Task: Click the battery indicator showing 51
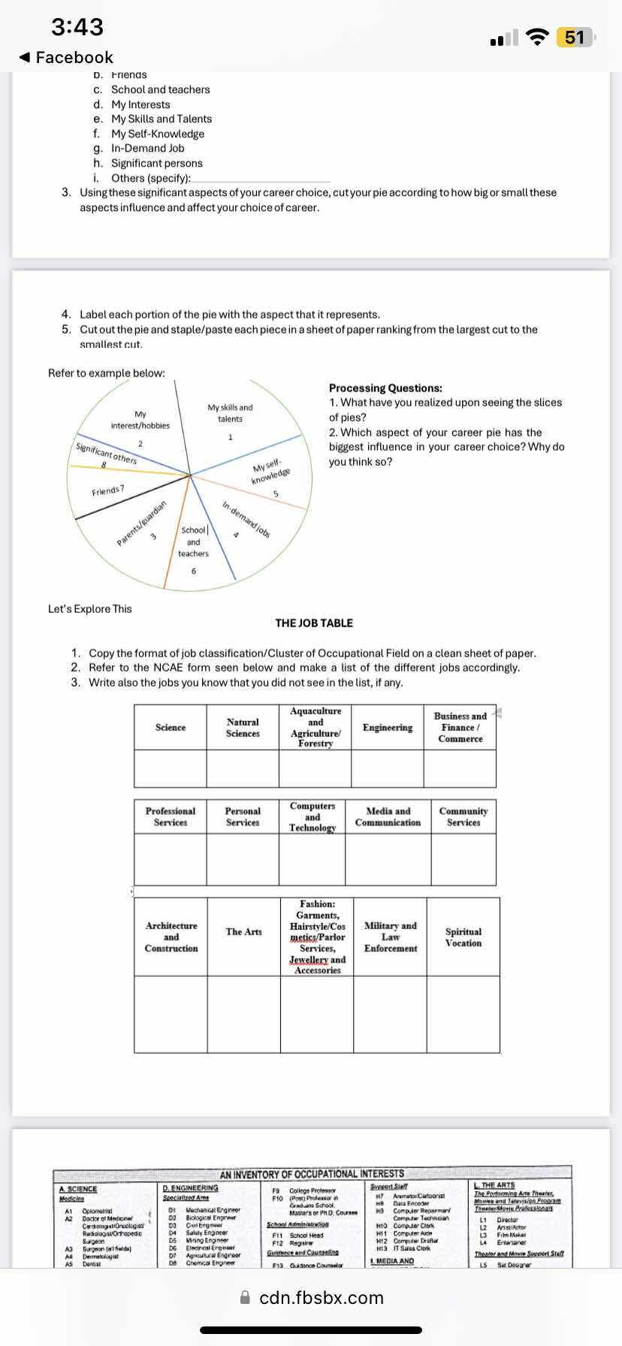point(575,37)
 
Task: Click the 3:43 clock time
point(77,27)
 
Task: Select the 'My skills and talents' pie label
point(230,413)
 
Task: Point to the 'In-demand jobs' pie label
point(246,518)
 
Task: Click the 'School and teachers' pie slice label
point(193,542)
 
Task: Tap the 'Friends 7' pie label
point(108,490)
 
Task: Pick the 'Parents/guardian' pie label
point(141,523)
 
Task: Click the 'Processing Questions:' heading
point(385,388)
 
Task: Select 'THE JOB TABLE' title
point(314,623)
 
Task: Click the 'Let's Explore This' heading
point(89,609)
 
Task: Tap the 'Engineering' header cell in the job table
point(388,727)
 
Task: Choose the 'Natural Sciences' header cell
point(243,727)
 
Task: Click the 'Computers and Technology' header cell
point(313,816)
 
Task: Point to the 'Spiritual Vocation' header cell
point(463,937)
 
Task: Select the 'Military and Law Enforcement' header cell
point(391,937)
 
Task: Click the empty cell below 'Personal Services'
point(243,859)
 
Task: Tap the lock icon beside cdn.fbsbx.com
point(244,1297)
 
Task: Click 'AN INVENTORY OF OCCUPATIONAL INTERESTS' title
point(312,1173)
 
